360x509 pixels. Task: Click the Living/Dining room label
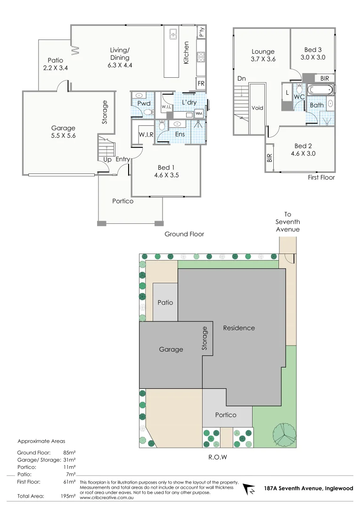(x=120, y=57)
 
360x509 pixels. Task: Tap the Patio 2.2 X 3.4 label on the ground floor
(x=56, y=64)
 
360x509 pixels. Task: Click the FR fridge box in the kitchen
(x=201, y=83)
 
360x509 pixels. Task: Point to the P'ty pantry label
(x=202, y=33)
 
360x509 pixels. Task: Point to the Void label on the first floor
(x=257, y=108)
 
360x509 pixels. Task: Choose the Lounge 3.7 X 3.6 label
(x=263, y=56)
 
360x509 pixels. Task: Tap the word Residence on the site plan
(x=239, y=328)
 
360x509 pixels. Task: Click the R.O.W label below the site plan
(x=218, y=457)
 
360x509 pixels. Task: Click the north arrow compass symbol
(x=248, y=490)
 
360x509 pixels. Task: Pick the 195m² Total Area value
(x=69, y=496)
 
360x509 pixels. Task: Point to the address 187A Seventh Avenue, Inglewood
(x=308, y=489)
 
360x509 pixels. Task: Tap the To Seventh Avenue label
(x=287, y=222)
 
